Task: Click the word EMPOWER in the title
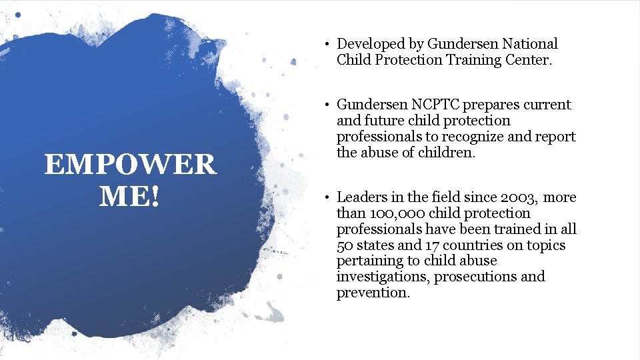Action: pyautogui.click(x=130, y=165)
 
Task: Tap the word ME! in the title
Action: pyautogui.click(x=130, y=195)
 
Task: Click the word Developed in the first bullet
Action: pyautogui.click(x=370, y=44)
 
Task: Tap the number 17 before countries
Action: pyautogui.click(x=433, y=245)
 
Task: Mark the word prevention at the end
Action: pyautogui.click(x=373, y=293)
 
